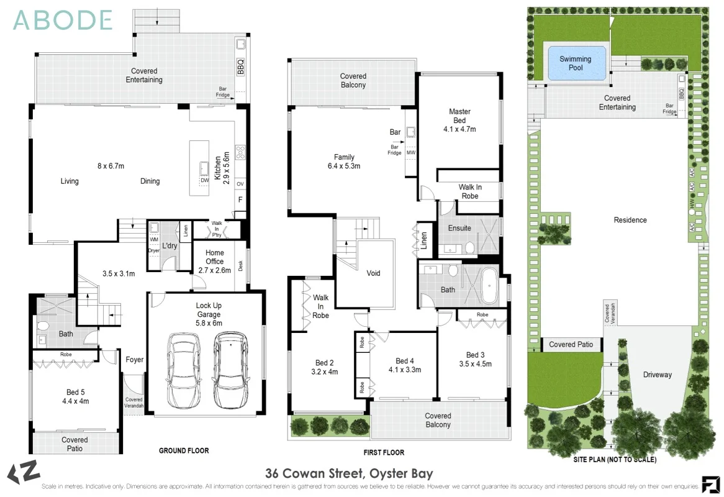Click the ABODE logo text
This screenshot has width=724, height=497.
(x=63, y=20)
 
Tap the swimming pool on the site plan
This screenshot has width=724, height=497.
(x=576, y=63)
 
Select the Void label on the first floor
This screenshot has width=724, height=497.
(x=373, y=273)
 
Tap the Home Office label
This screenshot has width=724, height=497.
(x=215, y=257)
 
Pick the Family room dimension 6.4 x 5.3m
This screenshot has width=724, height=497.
(x=344, y=166)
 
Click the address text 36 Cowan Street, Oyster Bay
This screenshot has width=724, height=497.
(x=349, y=473)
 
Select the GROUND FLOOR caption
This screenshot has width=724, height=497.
(x=184, y=450)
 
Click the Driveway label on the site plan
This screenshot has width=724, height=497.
(x=657, y=375)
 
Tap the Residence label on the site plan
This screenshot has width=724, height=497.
(x=630, y=220)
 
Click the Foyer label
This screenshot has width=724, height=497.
(x=135, y=360)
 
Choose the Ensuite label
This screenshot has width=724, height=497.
(x=459, y=228)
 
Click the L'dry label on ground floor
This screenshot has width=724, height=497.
(x=170, y=247)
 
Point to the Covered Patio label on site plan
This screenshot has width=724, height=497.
(x=571, y=344)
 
